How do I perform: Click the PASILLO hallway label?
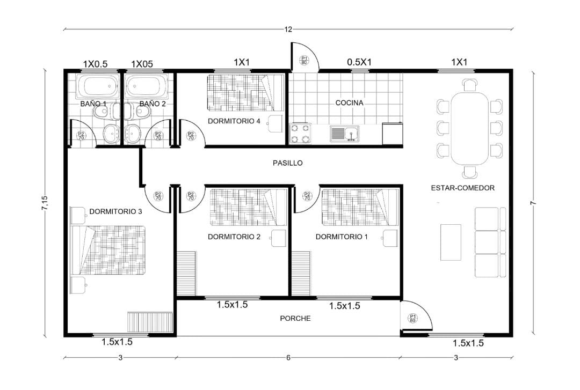[287, 163]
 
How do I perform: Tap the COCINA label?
[349, 103]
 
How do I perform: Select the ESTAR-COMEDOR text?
[463, 188]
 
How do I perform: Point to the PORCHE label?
[295, 318]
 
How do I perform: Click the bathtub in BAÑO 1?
[97, 86]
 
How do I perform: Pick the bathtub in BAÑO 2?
[146, 86]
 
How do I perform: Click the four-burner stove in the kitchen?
[300, 134]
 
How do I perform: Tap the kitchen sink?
[344, 134]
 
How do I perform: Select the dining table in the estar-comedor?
[469, 128]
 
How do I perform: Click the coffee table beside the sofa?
[451, 242]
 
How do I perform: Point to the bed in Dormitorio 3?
[108, 251]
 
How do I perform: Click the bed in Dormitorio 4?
[245, 93]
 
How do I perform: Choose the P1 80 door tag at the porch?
[413, 318]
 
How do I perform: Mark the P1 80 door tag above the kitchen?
[304, 60]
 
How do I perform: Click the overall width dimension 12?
[288, 29]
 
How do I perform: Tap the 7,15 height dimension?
[45, 203]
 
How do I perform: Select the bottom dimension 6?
[288, 357]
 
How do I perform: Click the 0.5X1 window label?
[359, 62]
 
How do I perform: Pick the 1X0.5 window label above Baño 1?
[95, 64]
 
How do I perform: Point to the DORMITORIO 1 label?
[342, 237]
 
